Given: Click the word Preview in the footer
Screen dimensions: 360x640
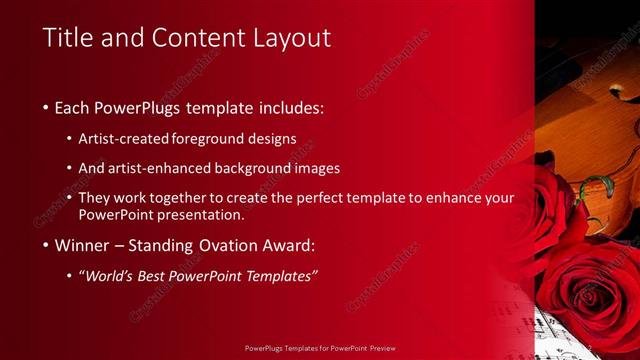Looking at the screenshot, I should click(x=379, y=349).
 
